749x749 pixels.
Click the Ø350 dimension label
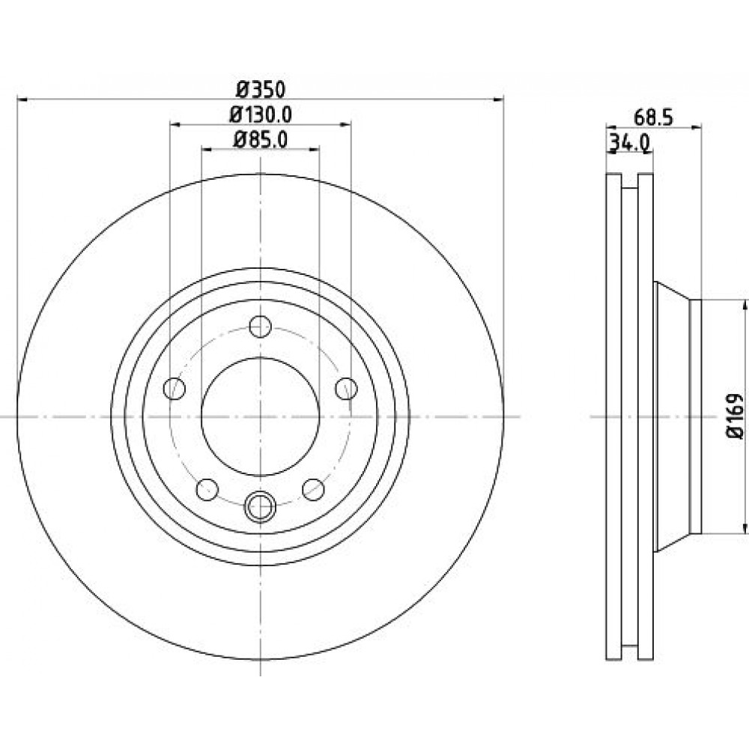pyautogui.click(x=261, y=89)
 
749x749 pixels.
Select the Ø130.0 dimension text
pyautogui.click(x=261, y=115)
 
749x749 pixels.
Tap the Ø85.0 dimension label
pyautogui.click(x=261, y=140)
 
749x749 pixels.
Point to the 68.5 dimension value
pyautogui.click(x=653, y=118)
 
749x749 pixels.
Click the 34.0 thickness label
pyautogui.click(x=628, y=142)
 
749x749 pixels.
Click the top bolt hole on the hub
pyautogui.click(x=261, y=327)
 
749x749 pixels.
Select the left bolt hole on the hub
pyautogui.click(x=175, y=388)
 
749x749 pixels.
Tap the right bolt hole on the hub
pyautogui.click(x=346, y=388)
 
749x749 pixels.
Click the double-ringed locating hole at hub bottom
pyautogui.click(x=261, y=506)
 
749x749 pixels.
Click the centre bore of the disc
pyautogui.click(x=261, y=416)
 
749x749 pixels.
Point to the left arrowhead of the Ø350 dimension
pyautogui.click(x=22, y=100)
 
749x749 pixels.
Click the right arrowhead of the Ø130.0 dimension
pyautogui.click(x=346, y=124)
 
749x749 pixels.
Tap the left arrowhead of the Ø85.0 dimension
pyautogui.click(x=207, y=150)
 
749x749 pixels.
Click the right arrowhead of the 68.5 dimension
pyautogui.click(x=697, y=127)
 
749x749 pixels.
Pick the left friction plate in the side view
pyautogui.click(x=614, y=488)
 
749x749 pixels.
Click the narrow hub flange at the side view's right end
pyautogui.click(x=696, y=416)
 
